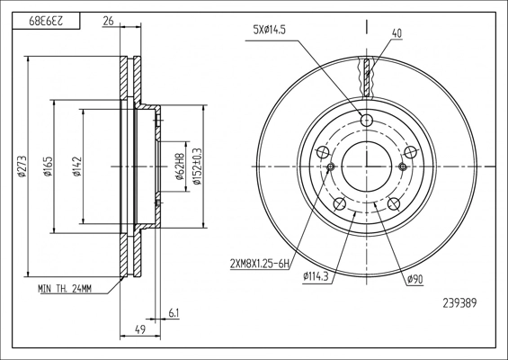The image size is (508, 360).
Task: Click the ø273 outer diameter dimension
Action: coord(22,166)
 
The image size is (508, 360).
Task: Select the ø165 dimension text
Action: coord(48,166)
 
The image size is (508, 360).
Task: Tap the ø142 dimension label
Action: coord(77,166)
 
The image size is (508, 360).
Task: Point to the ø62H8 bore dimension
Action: coord(179,166)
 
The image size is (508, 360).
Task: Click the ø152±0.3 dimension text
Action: coord(197,166)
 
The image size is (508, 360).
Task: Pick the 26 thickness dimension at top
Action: coord(108,21)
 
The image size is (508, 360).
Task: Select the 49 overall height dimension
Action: coord(140,329)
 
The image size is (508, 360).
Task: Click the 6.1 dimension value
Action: coord(174,313)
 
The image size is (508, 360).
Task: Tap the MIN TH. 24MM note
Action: coord(65,288)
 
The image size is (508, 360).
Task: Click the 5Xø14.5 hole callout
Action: coord(270,31)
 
